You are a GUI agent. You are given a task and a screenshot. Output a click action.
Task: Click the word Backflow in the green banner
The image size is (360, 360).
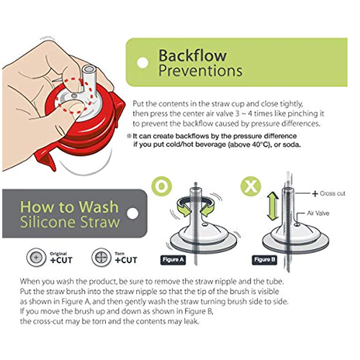pos(192,55)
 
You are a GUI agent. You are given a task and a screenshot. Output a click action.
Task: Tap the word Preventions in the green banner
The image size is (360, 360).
pos(200,71)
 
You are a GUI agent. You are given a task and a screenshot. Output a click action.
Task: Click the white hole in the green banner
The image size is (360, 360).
pos(143,63)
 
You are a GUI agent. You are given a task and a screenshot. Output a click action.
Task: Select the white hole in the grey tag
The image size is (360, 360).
pos(132,213)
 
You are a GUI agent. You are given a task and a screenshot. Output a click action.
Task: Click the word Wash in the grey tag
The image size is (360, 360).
pos(99,207)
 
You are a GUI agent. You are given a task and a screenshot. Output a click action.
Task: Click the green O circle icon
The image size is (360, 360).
pos(162,186)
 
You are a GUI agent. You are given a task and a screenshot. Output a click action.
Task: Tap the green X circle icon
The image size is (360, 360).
pos(251,186)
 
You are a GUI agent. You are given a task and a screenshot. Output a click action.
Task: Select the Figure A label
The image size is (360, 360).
pos(173,260)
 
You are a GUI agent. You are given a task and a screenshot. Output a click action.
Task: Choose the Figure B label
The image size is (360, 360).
pos(264,260)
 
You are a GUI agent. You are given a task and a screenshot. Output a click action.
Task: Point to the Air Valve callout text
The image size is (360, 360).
pos(318,213)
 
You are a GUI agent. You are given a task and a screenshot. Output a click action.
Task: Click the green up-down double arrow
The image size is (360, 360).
pos(273,207)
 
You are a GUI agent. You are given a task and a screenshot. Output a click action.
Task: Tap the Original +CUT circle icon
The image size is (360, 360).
pos(36,258)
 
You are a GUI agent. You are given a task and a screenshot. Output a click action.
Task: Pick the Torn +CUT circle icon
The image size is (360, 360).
pos(102,258)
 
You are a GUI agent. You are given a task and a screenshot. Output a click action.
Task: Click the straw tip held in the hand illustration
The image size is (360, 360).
pos(89,70)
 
